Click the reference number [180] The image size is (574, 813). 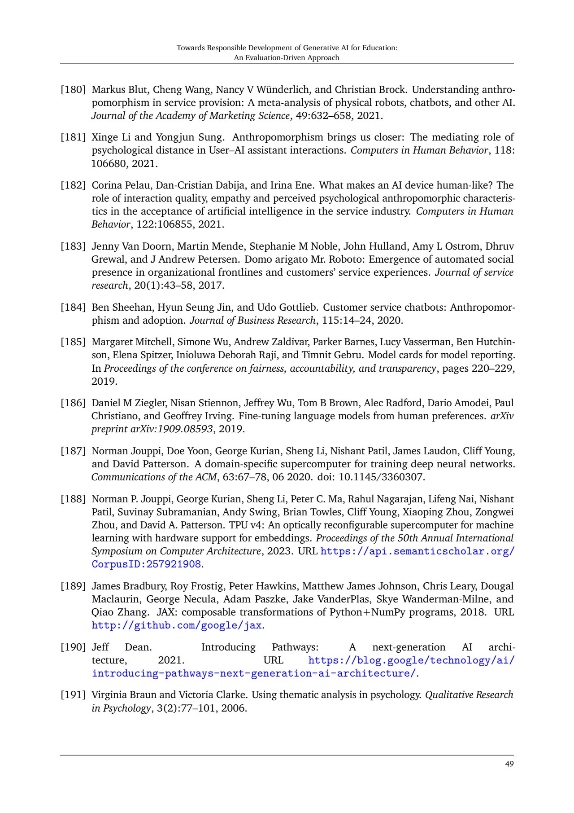point(73,90)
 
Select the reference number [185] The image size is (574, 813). point(73,342)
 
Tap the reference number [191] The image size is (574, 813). point(73,695)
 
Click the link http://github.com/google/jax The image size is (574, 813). point(177,625)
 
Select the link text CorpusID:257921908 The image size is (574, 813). point(146,564)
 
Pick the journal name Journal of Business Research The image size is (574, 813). point(252,321)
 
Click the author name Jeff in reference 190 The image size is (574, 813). point(100,647)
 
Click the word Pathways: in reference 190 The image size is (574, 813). point(295,647)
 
